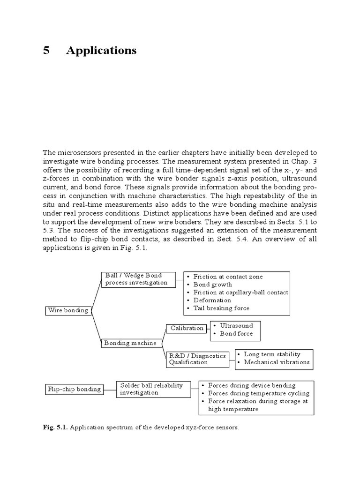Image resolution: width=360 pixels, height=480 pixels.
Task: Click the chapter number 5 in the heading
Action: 46,51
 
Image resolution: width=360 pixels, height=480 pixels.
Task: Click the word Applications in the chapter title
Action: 101,51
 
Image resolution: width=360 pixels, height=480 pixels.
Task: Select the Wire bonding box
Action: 68,310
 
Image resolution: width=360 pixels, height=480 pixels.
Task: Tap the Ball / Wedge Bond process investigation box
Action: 138,279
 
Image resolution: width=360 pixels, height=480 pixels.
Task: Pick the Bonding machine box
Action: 132,343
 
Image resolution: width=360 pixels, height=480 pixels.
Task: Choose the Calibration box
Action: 187,328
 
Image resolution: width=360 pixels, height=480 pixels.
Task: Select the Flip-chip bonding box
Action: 74,389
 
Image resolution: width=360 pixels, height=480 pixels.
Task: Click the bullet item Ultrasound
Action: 236,326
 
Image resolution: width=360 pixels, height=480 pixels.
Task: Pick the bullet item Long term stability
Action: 272,354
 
